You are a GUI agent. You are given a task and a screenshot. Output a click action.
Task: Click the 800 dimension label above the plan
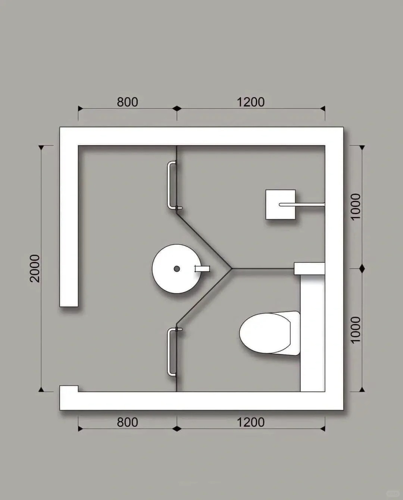128,102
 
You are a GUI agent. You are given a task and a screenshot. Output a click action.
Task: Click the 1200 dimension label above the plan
251,102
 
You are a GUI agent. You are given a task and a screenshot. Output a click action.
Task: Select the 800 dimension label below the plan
128,422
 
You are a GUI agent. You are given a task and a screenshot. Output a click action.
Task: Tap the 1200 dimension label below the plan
251,422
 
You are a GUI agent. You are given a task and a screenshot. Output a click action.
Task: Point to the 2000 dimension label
35,268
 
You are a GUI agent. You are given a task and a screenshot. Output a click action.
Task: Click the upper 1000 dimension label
356,207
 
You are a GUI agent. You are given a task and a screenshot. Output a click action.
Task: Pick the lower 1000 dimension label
356,330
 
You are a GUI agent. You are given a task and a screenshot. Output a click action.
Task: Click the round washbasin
176,268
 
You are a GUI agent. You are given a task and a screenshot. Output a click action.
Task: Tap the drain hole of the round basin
177,269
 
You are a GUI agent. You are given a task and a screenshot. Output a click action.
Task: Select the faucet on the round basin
202,269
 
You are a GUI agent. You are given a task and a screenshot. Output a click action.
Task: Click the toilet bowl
270,333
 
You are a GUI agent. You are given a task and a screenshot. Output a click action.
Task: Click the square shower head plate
281,204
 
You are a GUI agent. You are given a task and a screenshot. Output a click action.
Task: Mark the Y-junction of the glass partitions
232,268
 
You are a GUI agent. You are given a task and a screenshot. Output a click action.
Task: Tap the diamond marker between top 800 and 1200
177,109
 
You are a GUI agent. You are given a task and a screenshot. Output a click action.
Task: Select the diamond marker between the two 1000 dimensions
362,268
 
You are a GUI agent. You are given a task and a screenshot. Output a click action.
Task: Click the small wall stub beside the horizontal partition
309,268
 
